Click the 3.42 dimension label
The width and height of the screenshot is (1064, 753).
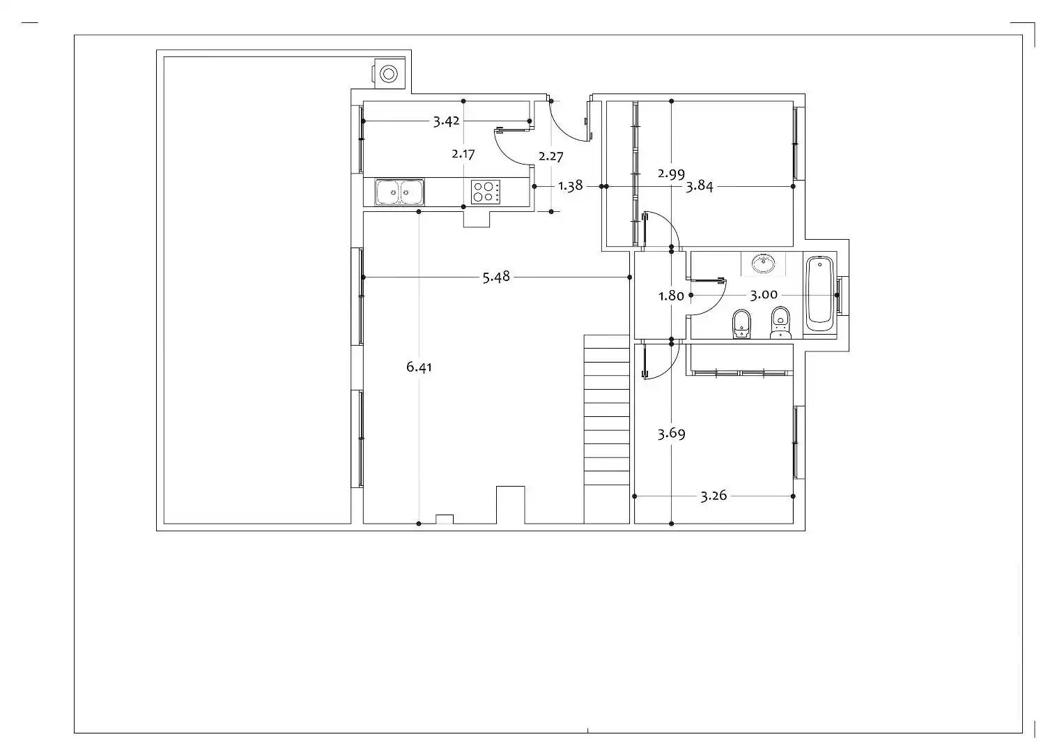click(x=446, y=121)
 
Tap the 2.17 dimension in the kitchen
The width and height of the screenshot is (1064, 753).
click(x=463, y=154)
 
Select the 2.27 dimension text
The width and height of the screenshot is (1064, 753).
click(x=551, y=156)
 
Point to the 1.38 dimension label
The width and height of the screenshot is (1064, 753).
click(x=570, y=185)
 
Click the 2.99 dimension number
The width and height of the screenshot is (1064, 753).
click(x=671, y=174)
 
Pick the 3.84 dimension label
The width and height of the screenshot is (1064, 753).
click(x=699, y=186)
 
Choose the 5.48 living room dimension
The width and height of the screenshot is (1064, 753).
click(x=496, y=277)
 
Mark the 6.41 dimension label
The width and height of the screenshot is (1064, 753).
click(x=419, y=367)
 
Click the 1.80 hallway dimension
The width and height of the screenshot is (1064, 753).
click(x=671, y=296)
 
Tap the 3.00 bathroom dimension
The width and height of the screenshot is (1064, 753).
click(x=764, y=295)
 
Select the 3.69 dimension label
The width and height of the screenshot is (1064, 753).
click(x=671, y=434)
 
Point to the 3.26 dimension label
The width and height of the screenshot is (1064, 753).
click(x=714, y=496)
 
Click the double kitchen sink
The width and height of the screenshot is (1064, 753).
click(x=399, y=192)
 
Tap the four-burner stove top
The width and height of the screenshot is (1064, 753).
click(x=486, y=192)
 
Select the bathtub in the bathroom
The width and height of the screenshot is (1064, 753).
click(x=820, y=294)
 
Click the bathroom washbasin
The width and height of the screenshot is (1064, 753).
click(x=763, y=264)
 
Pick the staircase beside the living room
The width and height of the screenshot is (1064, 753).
click(x=607, y=429)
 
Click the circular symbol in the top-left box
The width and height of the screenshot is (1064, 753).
click(x=389, y=74)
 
